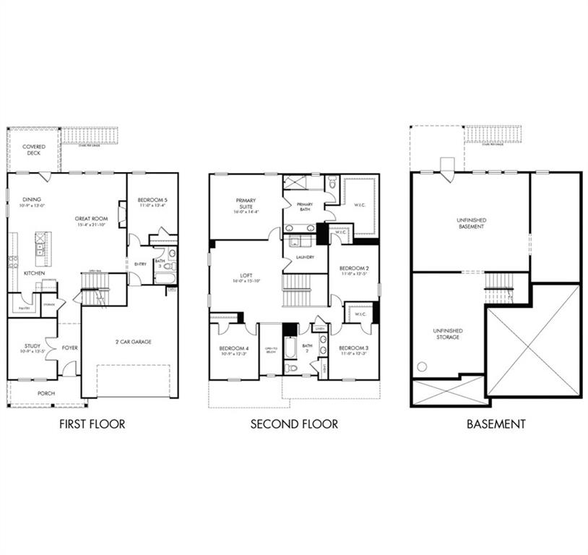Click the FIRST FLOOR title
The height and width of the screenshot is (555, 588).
[92, 424]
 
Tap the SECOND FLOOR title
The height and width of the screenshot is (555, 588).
[294, 424]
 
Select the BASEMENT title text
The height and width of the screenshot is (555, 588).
[496, 424]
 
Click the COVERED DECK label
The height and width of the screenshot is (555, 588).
[33, 150]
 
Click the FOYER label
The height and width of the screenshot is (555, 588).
[69, 348]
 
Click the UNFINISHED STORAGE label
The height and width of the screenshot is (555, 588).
[448, 333]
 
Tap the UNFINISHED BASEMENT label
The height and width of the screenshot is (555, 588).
[470, 223]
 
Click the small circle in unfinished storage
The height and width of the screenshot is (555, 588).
[422, 366]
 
